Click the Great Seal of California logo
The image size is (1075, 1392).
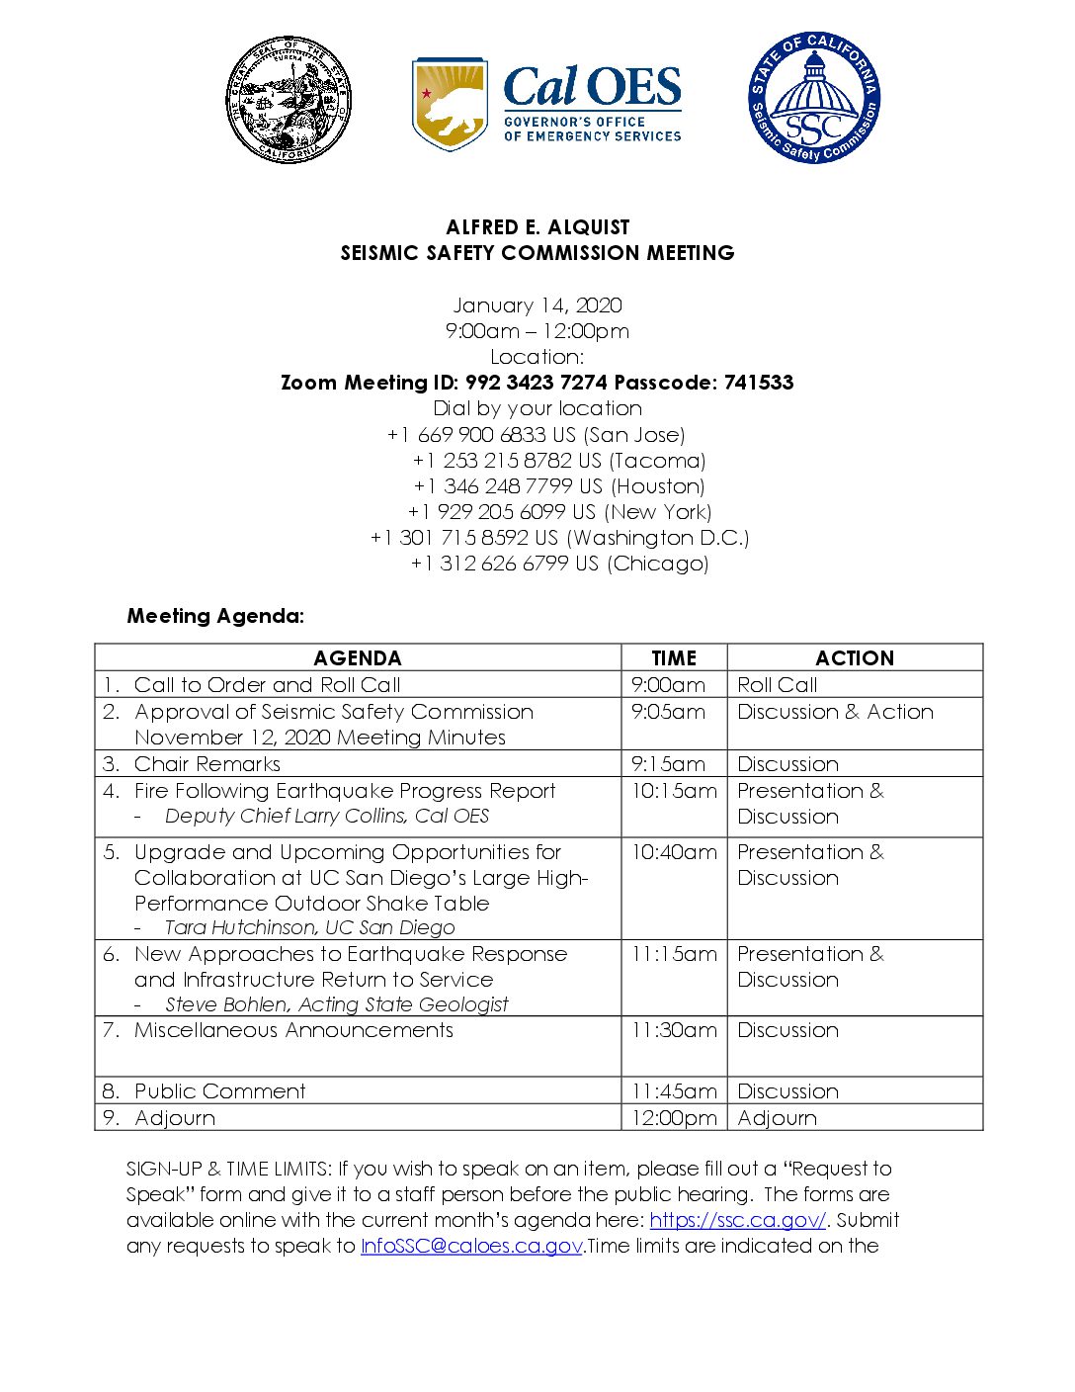tap(289, 101)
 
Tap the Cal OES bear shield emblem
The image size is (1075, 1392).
tap(450, 103)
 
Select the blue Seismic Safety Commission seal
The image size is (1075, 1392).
tap(814, 97)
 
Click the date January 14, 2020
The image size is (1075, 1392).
tap(537, 305)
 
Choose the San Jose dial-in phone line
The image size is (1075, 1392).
tap(537, 435)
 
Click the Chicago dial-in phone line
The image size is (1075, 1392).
tap(559, 564)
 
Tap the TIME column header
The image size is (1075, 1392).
tap(674, 658)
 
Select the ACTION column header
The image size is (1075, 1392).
tap(855, 658)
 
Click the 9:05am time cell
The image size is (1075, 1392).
tap(669, 712)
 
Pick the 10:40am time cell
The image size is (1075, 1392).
tap(674, 852)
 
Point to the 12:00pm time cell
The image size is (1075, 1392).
tap(675, 1118)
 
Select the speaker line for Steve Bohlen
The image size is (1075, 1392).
tap(336, 1004)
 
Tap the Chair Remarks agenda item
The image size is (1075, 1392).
tap(207, 764)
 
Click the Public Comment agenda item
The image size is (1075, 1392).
tap(220, 1091)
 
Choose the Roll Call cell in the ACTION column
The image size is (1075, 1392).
tap(778, 685)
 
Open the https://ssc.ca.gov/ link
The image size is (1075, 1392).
tap(738, 1220)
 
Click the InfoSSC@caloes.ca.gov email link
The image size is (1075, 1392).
tap(471, 1246)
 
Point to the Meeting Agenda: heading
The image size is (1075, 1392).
tap(215, 616)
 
